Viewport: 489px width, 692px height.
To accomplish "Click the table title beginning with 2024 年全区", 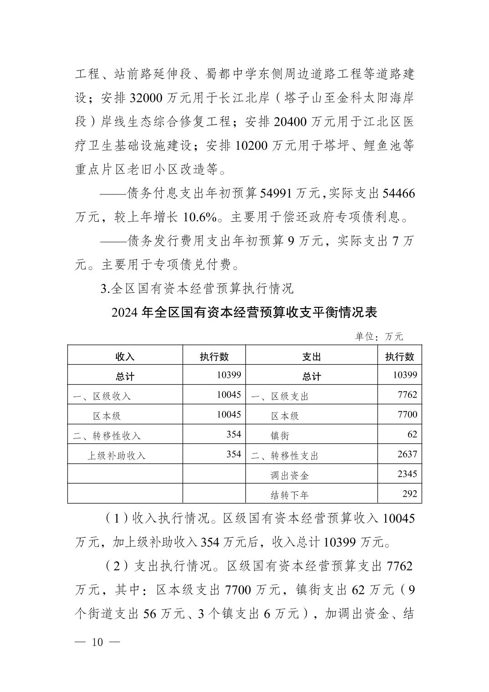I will (x=244, y=313).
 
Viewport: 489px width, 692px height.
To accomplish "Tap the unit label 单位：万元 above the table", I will (x=379, y=337).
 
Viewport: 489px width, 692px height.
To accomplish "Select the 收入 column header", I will (x=125, y=356).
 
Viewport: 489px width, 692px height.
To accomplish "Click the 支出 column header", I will (x=311, y=356).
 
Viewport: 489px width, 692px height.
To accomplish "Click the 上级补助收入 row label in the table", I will (x=117, y=455).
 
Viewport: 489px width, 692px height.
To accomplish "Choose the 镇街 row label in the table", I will (x=280, y=436).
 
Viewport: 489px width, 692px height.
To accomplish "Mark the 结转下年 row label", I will (x=290, y=495).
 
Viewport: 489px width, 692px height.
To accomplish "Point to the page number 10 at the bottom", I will (x=98, y=642).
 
